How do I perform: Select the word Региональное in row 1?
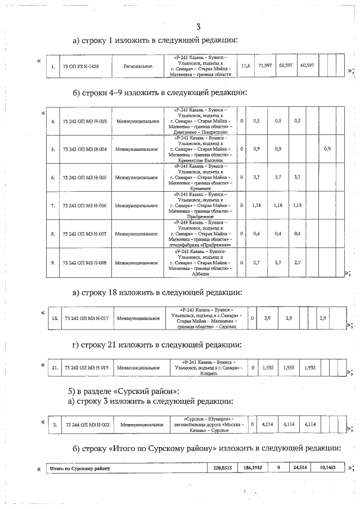click(138, 66)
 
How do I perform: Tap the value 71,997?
click(264, 66)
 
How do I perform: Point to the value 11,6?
click(245, 66)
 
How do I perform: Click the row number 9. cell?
click(52, 262)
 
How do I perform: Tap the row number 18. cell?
click(55, 319)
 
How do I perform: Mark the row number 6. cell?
click(52, 177)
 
